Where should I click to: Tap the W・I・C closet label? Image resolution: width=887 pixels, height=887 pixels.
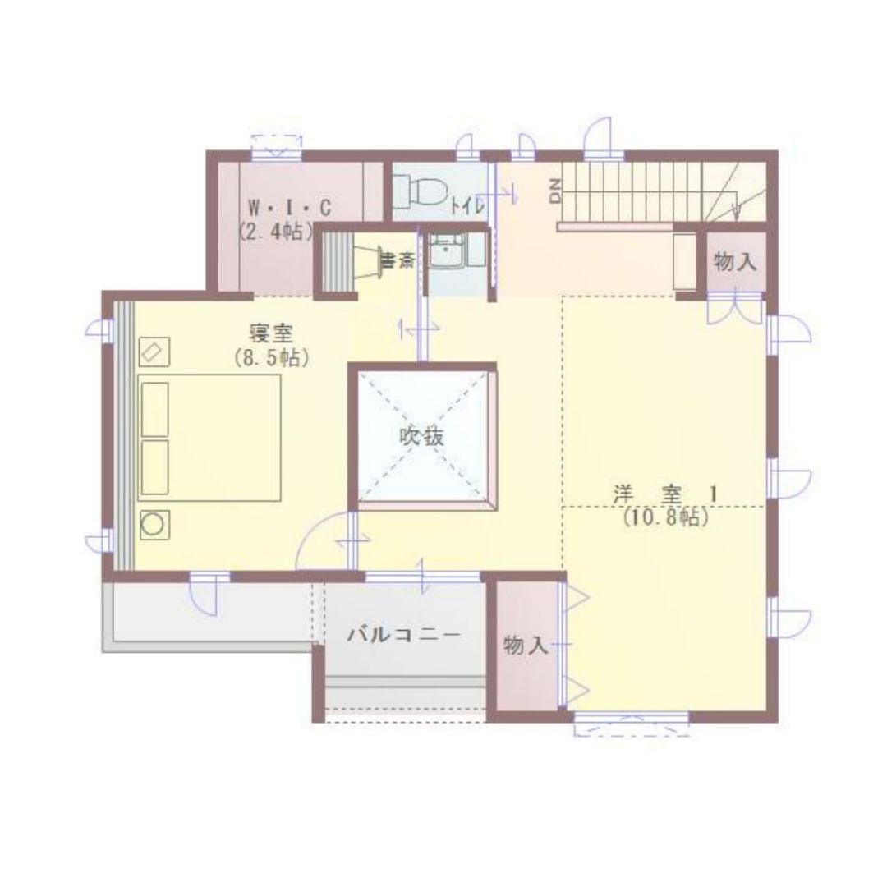pyautogui.click(x=290, y=209)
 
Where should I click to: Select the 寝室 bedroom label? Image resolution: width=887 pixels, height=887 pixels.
pyautogui.click(x=272, y=333)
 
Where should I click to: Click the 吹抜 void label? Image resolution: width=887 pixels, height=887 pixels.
pyautogui.click(x=421, y=437)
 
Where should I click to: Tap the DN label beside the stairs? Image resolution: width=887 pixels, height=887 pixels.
pyautogui.click(x=555, y=191)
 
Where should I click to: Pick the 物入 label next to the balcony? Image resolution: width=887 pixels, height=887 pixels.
pyautogui.click(x=526, y=646)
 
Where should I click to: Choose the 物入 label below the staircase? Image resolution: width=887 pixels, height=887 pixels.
pyautogui.click(x=735, y=262)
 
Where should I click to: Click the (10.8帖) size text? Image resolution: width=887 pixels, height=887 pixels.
pyautogui.click(x=666, y=517)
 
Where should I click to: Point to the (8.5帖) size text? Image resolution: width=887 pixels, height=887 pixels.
pyautogui.click(x=272, y=358)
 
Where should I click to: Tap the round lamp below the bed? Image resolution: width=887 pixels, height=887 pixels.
pyautogui.click(x=154, y=525)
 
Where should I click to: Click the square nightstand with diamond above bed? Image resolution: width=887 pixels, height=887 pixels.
pyautogui.click(x=154, y=352)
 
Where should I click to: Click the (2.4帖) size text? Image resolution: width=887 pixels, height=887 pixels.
pyautogui.click(x=275, y=232)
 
